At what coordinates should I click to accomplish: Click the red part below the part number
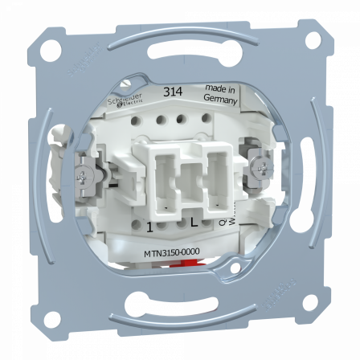(x=178, y=271)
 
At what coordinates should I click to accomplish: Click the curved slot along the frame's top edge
(x=179, y=55)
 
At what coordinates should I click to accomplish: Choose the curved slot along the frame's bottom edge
(x=179, y=305)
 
